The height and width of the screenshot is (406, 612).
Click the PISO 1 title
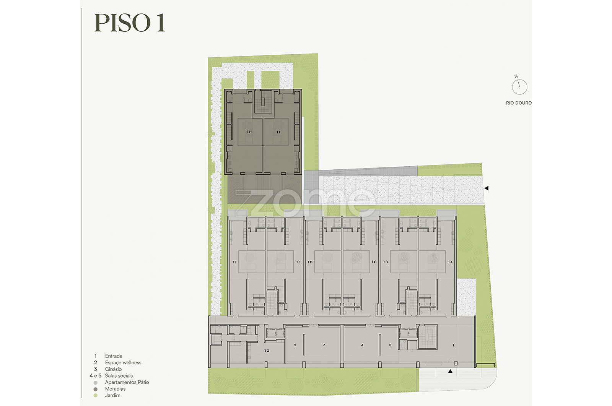point(130,23)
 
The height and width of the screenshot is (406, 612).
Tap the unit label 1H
point(249,132)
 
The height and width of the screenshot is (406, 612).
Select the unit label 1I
point(278,132)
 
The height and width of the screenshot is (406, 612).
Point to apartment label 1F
point(234,262)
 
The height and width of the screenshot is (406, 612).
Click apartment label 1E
point(298,262)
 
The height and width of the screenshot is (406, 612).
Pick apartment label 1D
point(310,262)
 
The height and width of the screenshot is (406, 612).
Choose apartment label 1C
point(374,262)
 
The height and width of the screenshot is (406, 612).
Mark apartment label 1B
point(386,262)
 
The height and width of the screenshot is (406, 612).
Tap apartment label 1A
point(450,262)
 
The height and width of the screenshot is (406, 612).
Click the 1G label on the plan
point(267,351)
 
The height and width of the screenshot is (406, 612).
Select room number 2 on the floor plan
point(295,345)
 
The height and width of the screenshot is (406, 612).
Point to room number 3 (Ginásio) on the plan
point(324,345)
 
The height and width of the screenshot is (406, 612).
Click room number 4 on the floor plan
point(362,345)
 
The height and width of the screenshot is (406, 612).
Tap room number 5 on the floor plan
point(390,345)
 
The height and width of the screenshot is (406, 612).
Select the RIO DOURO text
point(519,103)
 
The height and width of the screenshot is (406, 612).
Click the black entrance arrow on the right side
point(486,188)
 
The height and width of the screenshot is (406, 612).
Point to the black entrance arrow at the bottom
point(450,371)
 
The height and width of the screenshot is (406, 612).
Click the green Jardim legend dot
point(95,395)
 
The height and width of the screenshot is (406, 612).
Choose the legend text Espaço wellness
point(123,362)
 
